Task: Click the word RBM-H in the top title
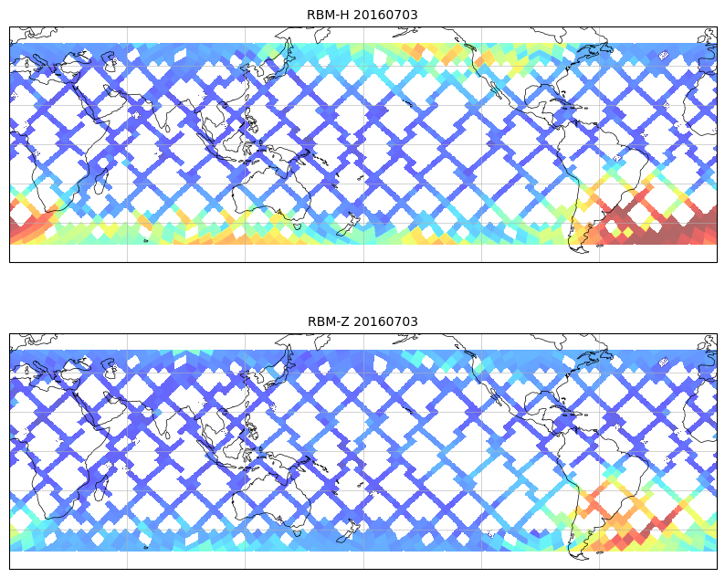pos(327,15)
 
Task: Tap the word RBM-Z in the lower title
pos(327,321)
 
